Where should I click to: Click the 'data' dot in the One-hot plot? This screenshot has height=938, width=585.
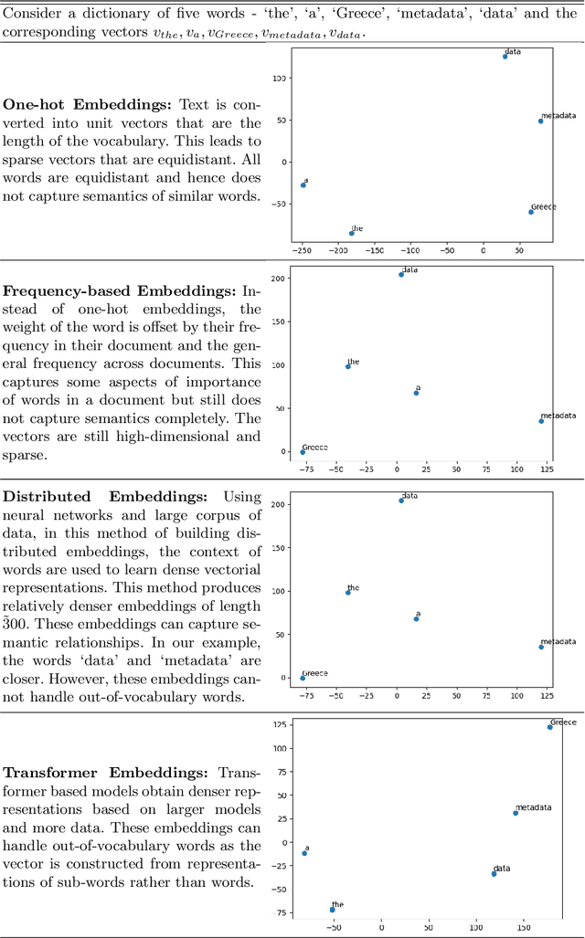click(x=505, y=57)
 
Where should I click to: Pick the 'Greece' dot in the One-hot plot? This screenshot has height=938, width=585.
click(x=530, y=212)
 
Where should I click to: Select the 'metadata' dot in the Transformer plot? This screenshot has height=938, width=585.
click(x=516, y=813)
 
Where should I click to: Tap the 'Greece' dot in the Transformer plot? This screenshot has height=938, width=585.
click(x=549, y=727)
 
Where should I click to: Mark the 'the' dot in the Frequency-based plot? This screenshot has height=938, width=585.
click(x=347, y=366)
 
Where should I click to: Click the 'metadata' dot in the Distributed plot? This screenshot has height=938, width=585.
click(x=541, y=647)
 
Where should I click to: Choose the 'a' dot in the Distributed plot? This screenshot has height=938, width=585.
click(x=416, y=619)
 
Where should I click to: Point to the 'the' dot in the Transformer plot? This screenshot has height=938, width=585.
click(x=332, y=910)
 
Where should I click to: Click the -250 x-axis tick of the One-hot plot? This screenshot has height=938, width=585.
click(x=302, y=249)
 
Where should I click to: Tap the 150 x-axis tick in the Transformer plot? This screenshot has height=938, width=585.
click(x=524, y=927)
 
